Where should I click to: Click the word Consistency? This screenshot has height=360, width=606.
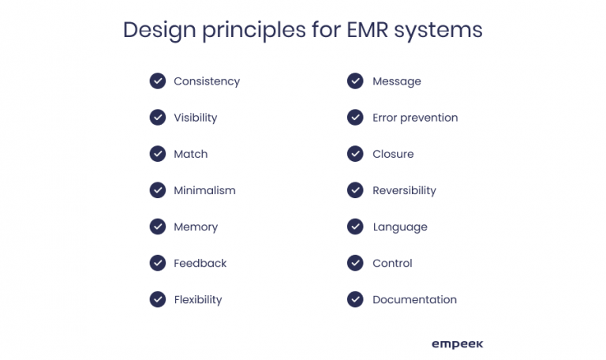click(x=207, y=81)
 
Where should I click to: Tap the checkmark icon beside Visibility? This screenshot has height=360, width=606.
click(x=158, y=118)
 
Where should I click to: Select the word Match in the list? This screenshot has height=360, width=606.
click(x=191, y=154)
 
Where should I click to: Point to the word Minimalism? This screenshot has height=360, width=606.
click(x=204, y=190)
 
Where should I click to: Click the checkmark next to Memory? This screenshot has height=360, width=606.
click(x=158, y=227)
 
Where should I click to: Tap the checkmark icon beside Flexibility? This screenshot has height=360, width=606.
click(x=158, y=299)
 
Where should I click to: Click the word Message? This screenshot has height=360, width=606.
click(x=397, y=81)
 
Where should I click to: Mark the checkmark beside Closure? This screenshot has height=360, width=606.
click(x=356, y=154)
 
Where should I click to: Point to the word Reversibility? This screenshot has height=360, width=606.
click(x=404, y=190)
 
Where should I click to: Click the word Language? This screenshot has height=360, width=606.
click(x=400, y=227)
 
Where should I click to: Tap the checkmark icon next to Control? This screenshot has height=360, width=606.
click(x=356, y=263)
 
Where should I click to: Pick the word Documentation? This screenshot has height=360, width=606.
click(x=414, y=299)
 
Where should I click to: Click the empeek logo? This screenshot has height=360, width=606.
click(x=457, y=343)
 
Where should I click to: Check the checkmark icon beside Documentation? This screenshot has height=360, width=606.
click(x=356, y=299)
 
